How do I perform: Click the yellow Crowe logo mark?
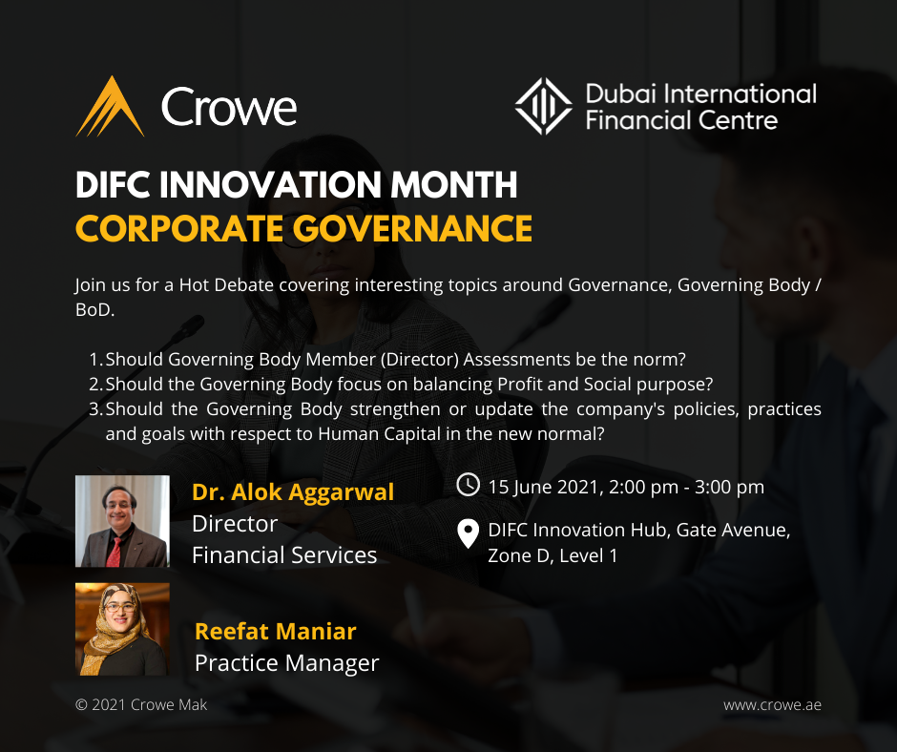(110, 107)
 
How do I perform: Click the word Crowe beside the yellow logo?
(229, 107)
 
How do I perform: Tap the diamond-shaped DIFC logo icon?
(544, 107)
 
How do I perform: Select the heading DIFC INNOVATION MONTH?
(296, 185)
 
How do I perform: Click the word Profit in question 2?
(522, 385)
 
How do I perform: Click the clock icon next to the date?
(468, 485)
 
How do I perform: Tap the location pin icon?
(468, 534)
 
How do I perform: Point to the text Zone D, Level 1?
(552, 555)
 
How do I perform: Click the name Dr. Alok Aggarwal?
(292, 492)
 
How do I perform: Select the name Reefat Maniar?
(275, 632)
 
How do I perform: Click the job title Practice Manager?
(286, 663)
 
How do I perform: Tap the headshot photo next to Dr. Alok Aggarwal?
(122, 521)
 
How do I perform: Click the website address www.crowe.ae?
(772, 705)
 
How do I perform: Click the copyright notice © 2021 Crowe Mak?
(141, 705)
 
